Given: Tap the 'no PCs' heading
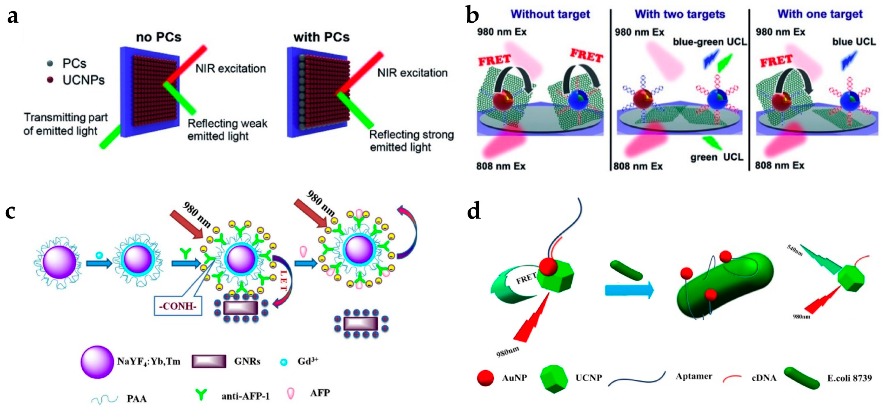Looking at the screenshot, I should pos(158,37).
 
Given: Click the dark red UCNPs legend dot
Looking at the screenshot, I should pos(51,80).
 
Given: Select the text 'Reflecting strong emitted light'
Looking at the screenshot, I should pos(411,141).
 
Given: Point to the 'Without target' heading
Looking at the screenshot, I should pos(550,15).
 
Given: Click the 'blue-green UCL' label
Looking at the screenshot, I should pos(710,42).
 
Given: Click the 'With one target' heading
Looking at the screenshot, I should pos(820,15).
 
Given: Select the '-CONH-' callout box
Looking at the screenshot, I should pos(178,306).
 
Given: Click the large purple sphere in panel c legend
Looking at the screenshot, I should pos(97,362).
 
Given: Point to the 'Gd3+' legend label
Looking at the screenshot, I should pos(308,362).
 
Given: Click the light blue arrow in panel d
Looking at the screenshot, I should pos(629,290).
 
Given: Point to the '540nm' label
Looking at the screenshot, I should pos(795,251).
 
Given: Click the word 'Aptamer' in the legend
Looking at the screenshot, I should pos(694,376).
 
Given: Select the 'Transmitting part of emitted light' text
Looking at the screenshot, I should pos(65,124).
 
